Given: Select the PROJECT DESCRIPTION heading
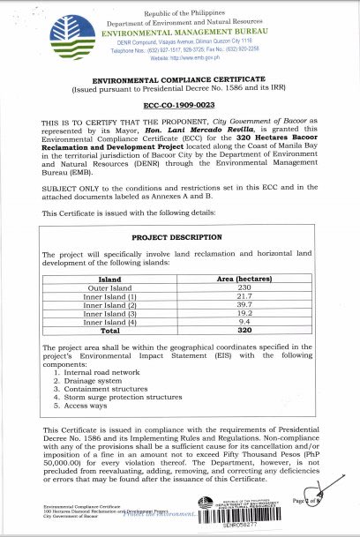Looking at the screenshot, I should tap(179, 237).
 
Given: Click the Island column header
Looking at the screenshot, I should tap(109, 279).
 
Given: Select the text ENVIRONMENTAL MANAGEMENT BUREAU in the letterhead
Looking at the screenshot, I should tap(179, 29).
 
